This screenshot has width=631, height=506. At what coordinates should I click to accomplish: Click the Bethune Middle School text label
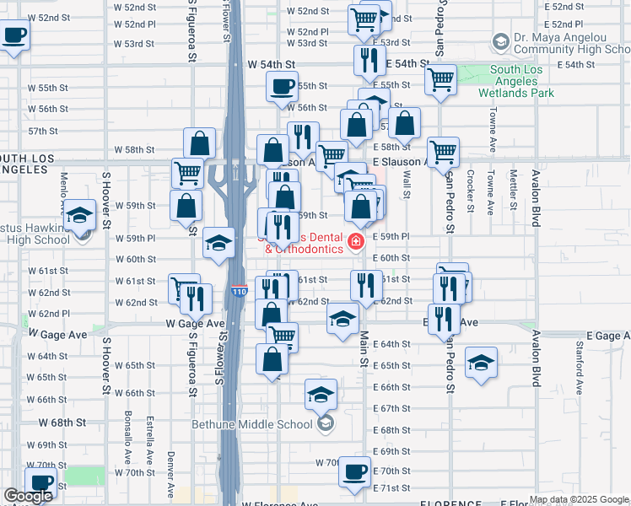pos(254,424)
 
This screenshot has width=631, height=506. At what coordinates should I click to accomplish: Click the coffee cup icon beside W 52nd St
pos(15,35)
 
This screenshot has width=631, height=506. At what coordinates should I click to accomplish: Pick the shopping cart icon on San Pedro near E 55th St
pos(440,80)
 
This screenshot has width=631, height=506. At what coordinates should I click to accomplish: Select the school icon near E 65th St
pos(481,363)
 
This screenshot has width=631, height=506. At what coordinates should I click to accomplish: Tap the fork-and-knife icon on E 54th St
pos(369,59)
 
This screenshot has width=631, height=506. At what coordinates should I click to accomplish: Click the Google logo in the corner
pos(28,496)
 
